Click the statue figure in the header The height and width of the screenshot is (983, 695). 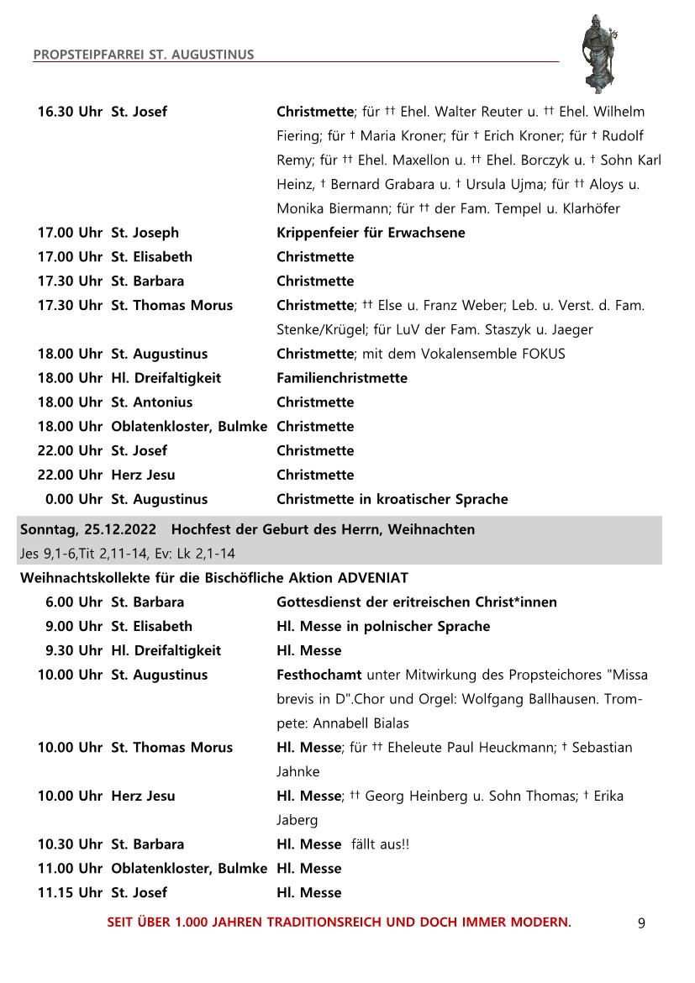pyautogui.click(x=601, y=54)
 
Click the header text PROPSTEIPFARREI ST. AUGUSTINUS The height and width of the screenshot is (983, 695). pyautogui.click(x=144, y=55)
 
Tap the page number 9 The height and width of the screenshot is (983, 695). pyautogui.click(x=641, y=923)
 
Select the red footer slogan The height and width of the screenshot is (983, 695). pyautogui.click(x=339, y=923)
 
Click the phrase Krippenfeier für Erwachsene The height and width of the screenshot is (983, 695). pyautogui.click(x=371, y=233)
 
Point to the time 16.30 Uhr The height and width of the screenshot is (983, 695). pyautogui.click(x=70, y=112)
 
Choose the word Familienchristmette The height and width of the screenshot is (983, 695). pyautogui.click(x=342, y=378)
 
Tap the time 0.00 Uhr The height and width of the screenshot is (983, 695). pyautogui.click(x=74, y=499)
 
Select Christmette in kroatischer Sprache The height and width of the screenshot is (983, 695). pyautogui.click(x=392, y=499)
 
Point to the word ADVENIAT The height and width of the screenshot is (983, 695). pyautogui.click(x=372, y=578)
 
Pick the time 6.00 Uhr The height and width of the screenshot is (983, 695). pyautogui.click(x=74, y=602)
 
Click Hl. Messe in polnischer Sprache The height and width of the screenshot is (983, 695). pyautogui.click(x=383, y=627)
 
